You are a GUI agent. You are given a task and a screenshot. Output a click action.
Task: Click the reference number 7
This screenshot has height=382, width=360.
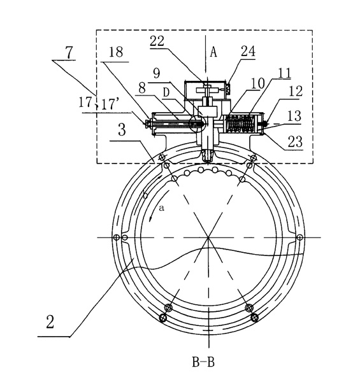click(69, 52)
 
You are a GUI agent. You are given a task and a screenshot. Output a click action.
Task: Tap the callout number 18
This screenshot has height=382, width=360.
click(116, 52)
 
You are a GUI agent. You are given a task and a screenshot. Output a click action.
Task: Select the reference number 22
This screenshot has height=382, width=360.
click(157, 41)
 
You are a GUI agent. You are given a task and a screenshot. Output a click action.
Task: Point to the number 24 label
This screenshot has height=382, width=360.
click(248, 51)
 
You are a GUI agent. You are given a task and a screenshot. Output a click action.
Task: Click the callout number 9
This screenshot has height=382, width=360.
click(156, 73)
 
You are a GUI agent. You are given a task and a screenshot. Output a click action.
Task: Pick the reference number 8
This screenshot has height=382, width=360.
click(142, 88)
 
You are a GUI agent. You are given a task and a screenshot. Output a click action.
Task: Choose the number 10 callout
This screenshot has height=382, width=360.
click(257, 83)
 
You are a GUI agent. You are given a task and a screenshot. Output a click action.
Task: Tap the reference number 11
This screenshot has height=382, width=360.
click(284, 73)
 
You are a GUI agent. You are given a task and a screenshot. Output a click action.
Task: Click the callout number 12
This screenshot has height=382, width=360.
click(296, 91)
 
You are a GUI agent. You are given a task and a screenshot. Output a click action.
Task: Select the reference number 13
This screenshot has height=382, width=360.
click(295, 117)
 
